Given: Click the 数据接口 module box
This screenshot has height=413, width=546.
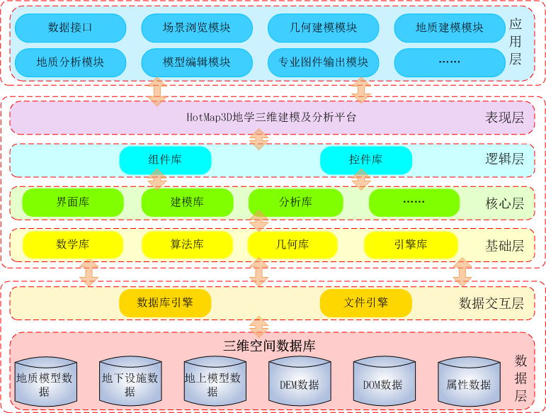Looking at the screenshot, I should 70,28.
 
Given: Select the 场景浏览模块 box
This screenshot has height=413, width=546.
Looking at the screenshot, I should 196,28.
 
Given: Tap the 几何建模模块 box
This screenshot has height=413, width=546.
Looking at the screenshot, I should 323,28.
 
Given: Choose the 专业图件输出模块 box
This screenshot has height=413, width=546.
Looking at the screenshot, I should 323,62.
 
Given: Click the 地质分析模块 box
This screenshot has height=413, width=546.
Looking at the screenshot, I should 70,62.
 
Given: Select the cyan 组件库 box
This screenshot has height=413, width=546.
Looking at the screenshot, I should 165,160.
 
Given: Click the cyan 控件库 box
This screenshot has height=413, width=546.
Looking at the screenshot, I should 365,160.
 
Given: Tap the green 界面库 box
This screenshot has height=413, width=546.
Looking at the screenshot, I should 73,202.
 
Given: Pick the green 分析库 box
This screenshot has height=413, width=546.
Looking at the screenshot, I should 295,202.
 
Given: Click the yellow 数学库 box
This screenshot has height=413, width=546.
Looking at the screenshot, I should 73,244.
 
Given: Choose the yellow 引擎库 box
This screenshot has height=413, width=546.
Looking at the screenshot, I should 411,244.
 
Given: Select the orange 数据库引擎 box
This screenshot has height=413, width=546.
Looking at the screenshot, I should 165,303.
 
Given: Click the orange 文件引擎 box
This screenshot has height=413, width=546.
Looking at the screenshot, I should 365,303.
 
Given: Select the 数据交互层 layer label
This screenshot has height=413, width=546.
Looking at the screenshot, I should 491,303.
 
